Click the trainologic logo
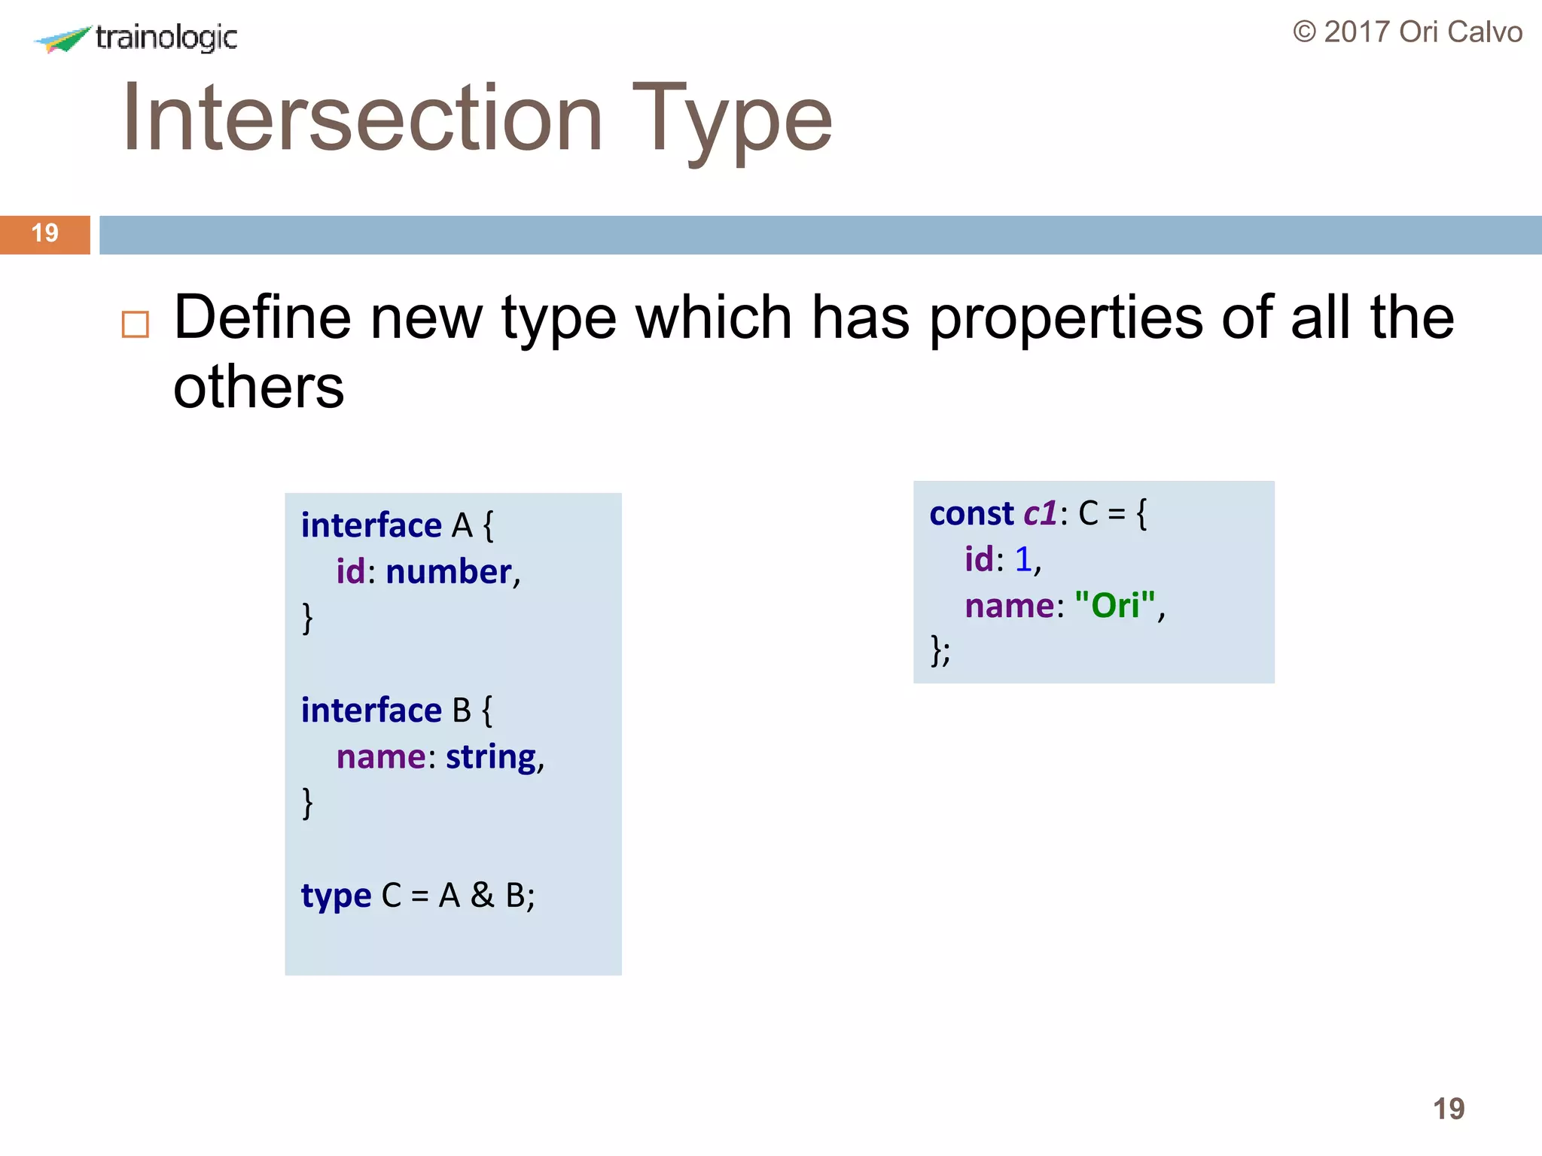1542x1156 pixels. [x=136, y=38]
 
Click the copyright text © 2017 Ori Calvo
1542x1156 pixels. [x=1407, y=32]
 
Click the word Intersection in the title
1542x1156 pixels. [x=362, y=119]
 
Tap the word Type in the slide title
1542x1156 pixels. [x=732, y=120]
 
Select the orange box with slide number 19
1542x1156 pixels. [x=44, y=234]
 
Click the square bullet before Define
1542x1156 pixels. [x=136, y=324]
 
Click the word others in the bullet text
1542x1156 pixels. [x=258, y=388]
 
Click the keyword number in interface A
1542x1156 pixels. [x=449, y=572]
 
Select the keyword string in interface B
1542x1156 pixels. [x=491, y=757]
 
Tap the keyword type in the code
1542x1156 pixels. [x=336, y=896]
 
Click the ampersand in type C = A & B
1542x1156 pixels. [x=482, y=896]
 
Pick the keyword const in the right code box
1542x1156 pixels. [x=971, y=514]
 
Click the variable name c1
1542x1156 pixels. [x=1041, y=514]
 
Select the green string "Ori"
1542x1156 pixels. [x=1114, y=606]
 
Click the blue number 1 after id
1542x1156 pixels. [x=1022, y=560]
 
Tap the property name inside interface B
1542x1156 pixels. [x=381, y=757]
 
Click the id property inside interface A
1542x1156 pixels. [x=350, y=572]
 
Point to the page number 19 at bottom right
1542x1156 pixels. [x=1448, y=1109]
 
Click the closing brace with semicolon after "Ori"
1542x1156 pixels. [x=940, y=650]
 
